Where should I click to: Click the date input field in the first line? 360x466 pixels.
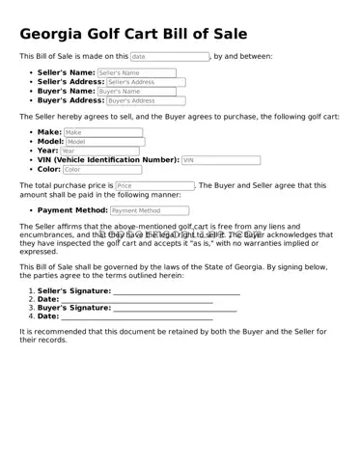coord(169,57)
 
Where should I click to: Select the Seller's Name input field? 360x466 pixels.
coord(136,72)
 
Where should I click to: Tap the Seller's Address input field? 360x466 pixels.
coord(146,82)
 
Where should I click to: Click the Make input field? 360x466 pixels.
coord(102,132)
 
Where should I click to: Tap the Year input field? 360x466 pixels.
coord(98,151)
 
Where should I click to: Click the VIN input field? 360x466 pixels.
coord(220,160)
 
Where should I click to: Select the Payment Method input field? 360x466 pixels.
coord(149,209)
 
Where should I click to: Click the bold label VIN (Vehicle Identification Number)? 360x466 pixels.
coord(108,160)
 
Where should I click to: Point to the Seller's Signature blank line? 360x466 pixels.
coord(176,290)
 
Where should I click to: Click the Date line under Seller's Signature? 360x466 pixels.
coord(136,299)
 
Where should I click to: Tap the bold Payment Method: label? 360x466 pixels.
coord(72,209)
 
